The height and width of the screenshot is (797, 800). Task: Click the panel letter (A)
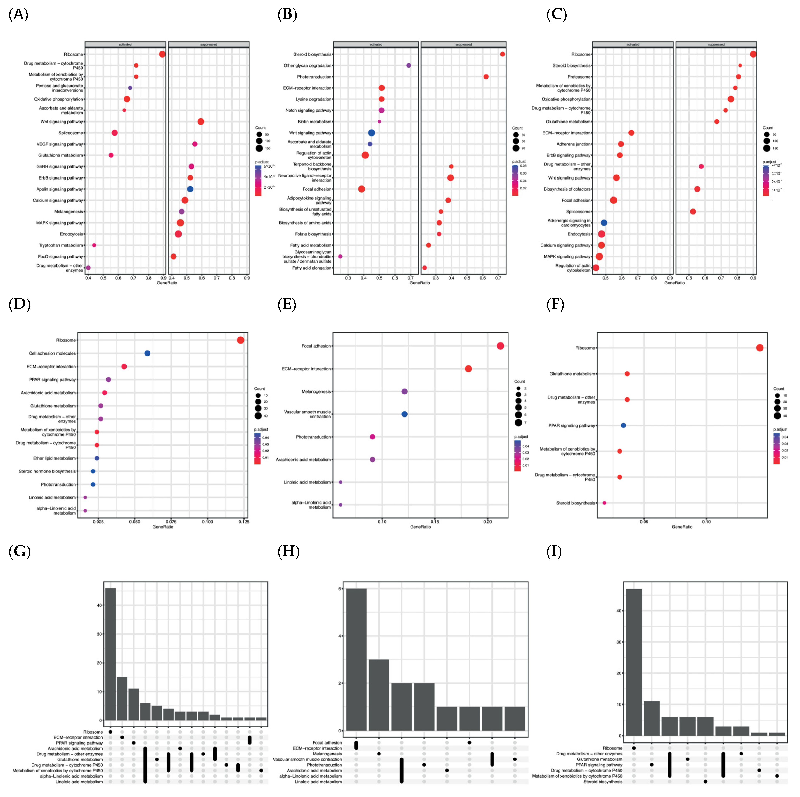(18, 15)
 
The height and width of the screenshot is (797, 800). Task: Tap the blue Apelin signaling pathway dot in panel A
(190, 189)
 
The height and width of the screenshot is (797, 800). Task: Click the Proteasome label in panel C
(579, 77)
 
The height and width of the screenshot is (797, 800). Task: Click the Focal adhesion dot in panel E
(500, 346)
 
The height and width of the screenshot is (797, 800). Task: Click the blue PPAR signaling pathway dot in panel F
(623, 425)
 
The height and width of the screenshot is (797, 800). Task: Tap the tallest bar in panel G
(111, 655)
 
